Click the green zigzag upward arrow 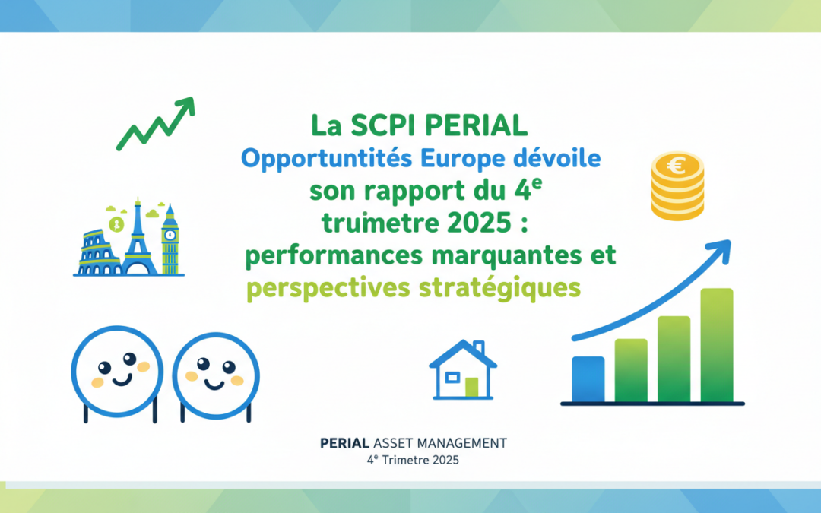coord(156,124)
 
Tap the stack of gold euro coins coord(677,186)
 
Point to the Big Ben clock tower coord(170,239)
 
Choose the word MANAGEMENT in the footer coord(466,442)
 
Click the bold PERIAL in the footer coord(346,442)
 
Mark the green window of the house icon coord(471,387)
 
